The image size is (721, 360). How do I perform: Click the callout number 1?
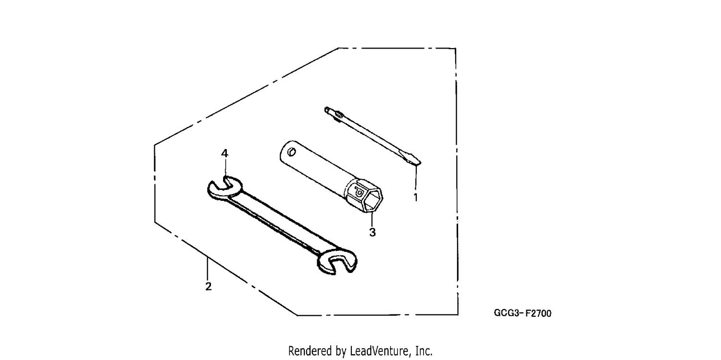[x=416, y=197]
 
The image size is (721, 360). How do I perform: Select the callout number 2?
[x=208, y=286]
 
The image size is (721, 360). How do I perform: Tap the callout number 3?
[x=373, y=232]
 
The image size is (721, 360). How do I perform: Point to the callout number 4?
[x=224, y=153]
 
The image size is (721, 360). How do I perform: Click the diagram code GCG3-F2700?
[x=522, y=313]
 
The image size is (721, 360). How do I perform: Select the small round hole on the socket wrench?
[x=292, y=152]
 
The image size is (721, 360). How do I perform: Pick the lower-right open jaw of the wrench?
[x=337, y=261]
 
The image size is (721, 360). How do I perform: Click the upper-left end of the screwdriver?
[x=327, y=110]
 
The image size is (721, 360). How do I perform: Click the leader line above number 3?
[x=372, y=219]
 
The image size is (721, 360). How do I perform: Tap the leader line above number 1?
[x=416, y=178]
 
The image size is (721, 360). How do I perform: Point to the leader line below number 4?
[x=225, y=167]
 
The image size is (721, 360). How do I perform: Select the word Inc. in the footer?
[x=424, y=351]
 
